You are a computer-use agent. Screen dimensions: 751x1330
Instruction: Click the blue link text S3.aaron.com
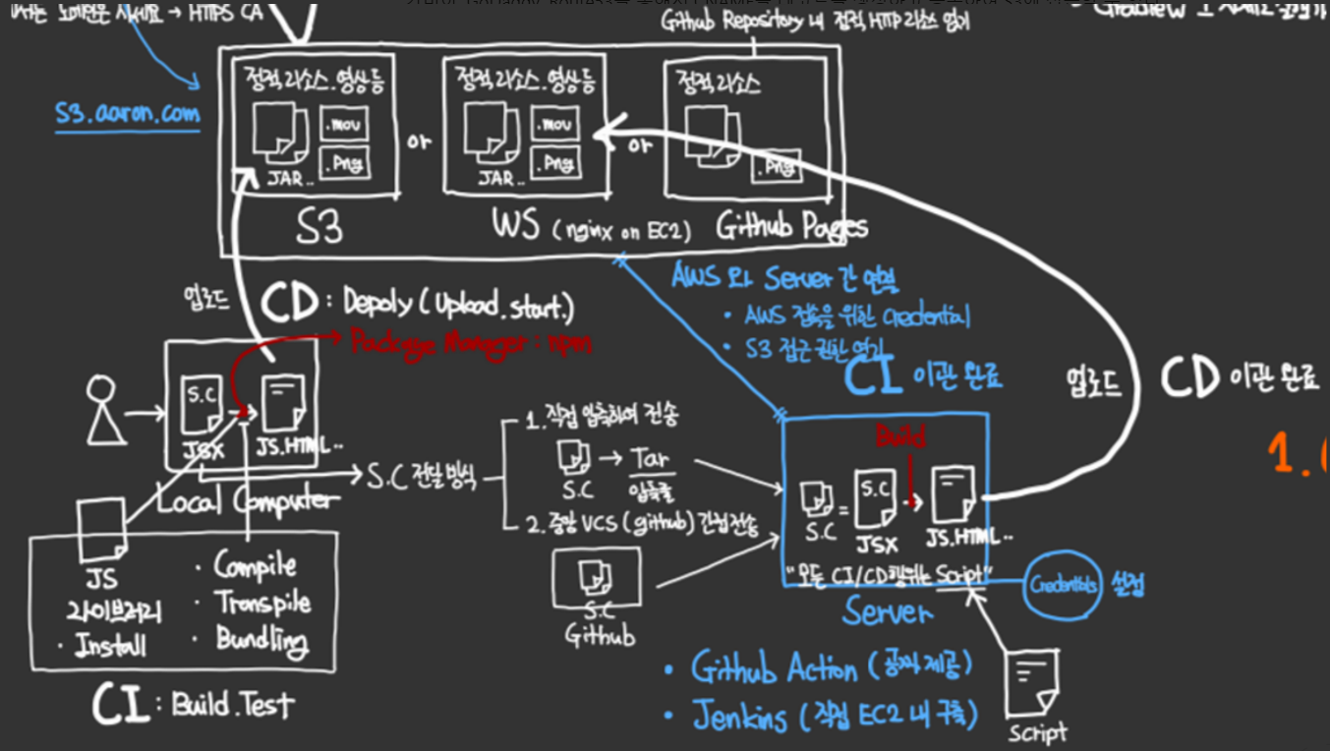tap(128, 114)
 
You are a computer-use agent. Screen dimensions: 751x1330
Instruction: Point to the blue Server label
tap(886, 612)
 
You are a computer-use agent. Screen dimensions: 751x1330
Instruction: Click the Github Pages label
tap(791, 228)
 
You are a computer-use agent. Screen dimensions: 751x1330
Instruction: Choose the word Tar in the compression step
tap(649, 459)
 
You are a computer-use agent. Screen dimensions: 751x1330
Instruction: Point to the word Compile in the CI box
tap(255, 566)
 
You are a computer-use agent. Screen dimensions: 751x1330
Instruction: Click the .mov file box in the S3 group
tap(345, 126)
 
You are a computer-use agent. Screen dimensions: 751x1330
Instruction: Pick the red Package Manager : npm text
tap(471, 343)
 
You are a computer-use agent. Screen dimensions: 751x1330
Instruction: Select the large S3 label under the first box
tap(320, 229)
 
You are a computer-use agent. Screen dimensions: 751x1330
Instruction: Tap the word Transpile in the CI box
tap(263, 603)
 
